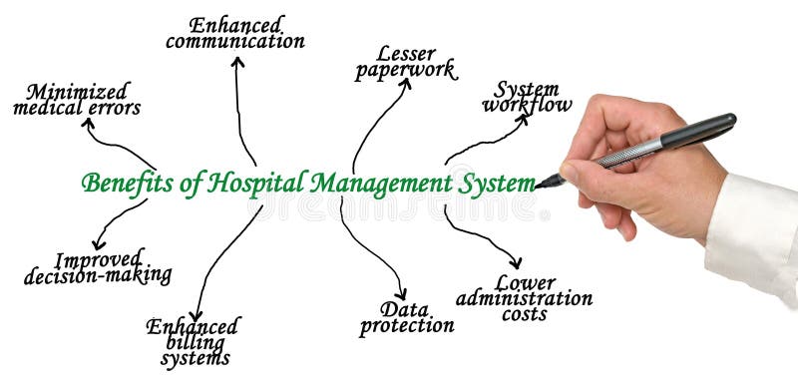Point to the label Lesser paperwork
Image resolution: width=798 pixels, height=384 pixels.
[x=404, y=62]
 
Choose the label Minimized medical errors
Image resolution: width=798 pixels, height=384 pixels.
[x=77, y=99]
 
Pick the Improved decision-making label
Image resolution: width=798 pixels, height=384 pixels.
[x=98, y=267]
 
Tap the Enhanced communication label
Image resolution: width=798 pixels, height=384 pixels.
[x=235, y=32]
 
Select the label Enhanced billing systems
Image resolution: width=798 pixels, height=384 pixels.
[x=193, y=340]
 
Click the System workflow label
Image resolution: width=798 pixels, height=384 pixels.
[x=527, y=96]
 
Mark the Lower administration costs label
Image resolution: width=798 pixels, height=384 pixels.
[x=524, y=297]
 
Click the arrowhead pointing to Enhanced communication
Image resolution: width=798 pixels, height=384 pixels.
[x=237, y=61]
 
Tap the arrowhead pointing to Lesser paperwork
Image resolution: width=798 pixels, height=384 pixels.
[x=406, y=84]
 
